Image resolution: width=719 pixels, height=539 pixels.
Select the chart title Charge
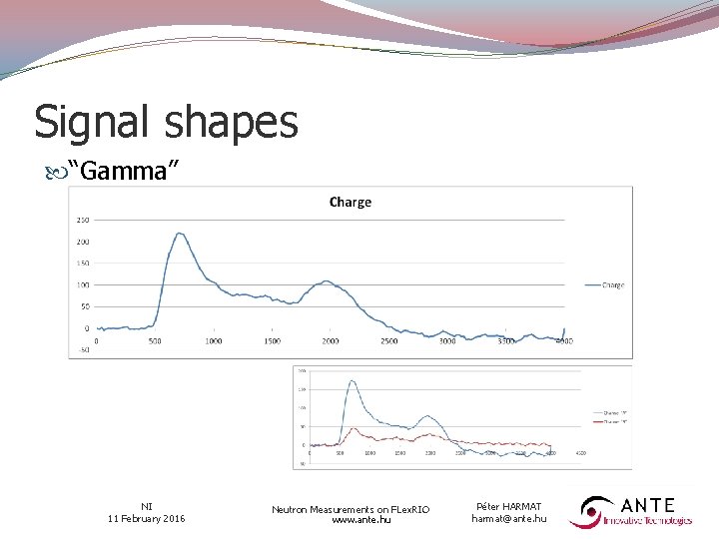pyautogui.click(x=350, y=202)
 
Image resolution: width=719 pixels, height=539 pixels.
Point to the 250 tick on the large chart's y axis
pyautogui.click(x=82, y=220)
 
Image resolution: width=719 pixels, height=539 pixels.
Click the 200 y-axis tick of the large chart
pyautogui.click(x=82, y=242)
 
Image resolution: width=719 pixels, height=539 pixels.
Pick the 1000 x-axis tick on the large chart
pyautogui.click(x=213, y=340)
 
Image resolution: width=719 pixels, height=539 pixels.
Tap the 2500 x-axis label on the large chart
pyautogui.click(x=388, y=340)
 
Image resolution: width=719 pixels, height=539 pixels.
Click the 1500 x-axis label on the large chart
pyautogui.click(x=272, y=340)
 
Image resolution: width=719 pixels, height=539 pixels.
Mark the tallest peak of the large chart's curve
pyautogui.click(x=180, y=234)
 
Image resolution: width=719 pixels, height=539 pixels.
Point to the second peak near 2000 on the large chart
pyautogui.click(x=327, y=281)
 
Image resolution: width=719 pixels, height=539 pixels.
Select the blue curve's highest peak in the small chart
pyautogui.click(x=351, y=380)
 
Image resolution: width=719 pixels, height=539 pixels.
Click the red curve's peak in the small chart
pyautogui.click(x=357, y=432)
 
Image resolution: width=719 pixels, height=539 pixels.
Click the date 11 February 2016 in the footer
pyautogui.click(x=146, y=518)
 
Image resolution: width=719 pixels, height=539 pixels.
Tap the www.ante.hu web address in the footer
pyautogui.click(x=351, y=520)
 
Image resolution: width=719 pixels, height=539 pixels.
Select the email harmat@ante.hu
pyautogui.click(x=509, y=518)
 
